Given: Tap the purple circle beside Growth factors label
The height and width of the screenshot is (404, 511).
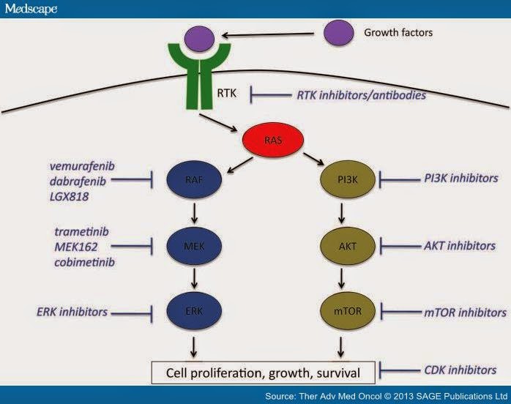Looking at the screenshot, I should pyautogui.click(x=337, y=32).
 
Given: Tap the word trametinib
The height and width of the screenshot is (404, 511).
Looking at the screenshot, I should pyautogui.click(x=82, y=231).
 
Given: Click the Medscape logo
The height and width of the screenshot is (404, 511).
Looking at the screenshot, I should pyautogui.click(x=30, y=8).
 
